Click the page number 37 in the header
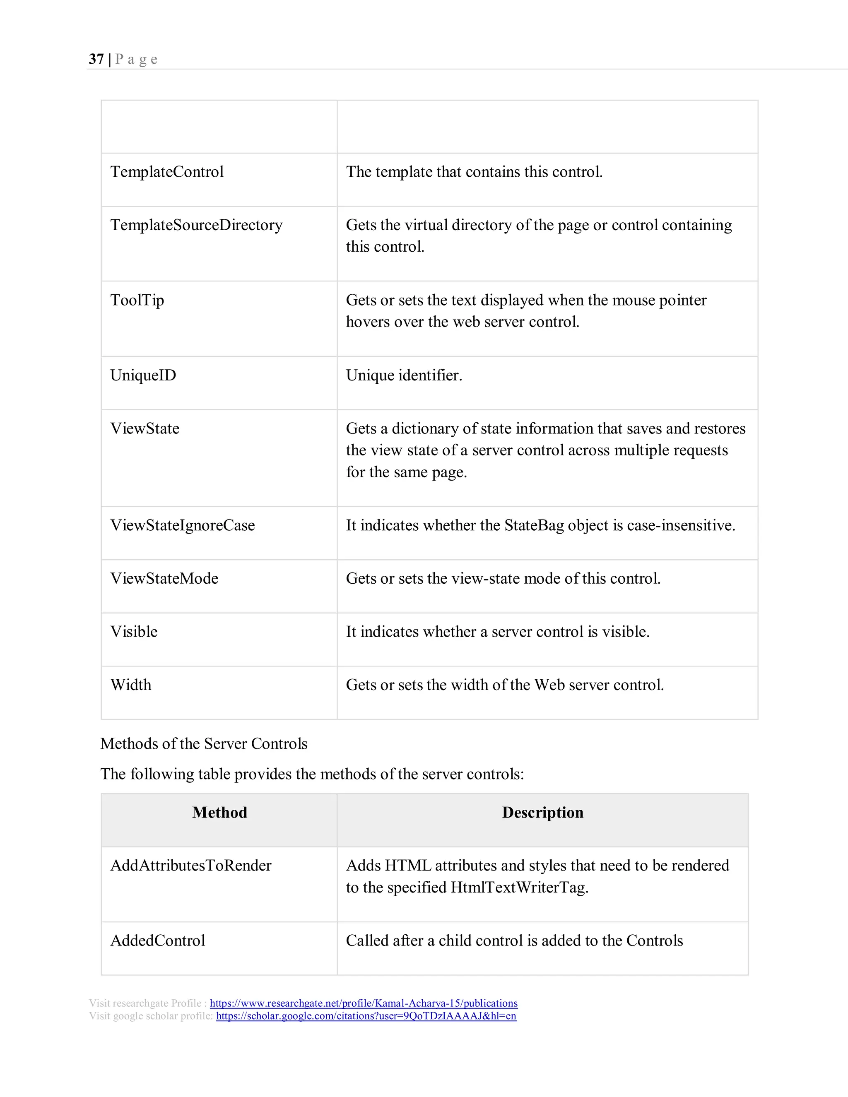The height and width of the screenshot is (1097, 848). click(96, 59)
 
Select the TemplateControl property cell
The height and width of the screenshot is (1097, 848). click(167, 172)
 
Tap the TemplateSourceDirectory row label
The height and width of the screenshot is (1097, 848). click(196, 225)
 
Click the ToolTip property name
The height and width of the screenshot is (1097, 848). click(137, 301)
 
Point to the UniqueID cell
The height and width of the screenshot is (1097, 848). click(143, 375)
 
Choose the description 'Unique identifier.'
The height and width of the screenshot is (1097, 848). click(404, 375)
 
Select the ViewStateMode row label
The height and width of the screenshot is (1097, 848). click(164, 579)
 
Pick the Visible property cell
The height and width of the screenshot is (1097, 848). click(134, 632)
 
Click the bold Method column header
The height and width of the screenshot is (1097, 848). click(219, 813)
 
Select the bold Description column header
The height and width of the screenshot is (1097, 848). click(542, 813)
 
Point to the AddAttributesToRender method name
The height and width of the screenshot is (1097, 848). click(191, 866)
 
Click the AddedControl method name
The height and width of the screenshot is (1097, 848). click(158, 941)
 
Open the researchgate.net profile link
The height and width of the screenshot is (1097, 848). click(364, 1003)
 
